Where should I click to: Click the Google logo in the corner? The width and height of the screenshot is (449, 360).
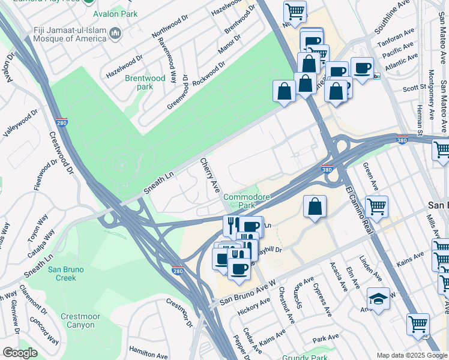tap(20, 353)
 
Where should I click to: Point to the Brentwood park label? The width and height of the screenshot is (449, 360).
tap(145, 82)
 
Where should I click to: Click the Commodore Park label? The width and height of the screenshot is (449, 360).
tap(244, 201)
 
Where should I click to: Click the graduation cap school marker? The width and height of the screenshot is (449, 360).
tap(379, 298)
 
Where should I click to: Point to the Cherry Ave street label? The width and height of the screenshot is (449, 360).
tap(208, 176)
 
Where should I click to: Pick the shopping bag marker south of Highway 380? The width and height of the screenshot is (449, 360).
tap(315, 206)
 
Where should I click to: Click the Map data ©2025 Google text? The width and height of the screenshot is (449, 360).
tap(411, 355)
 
